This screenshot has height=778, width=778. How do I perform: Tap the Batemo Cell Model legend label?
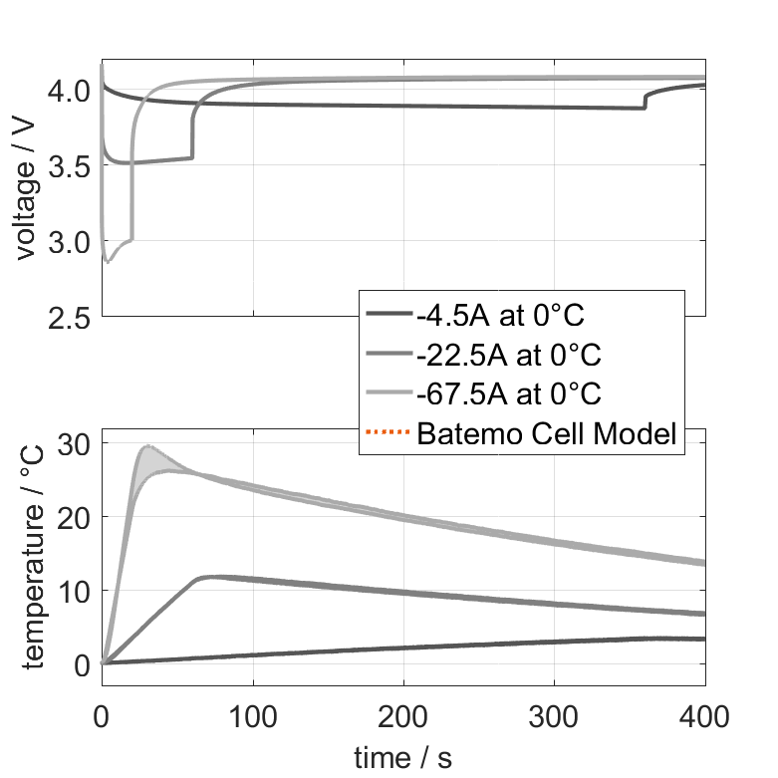(x=547, y=433)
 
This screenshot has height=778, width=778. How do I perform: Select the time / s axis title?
(x=402, y=758)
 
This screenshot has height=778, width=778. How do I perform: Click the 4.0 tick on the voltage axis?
(x=72, y=92)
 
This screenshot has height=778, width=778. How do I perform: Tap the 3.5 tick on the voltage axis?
(x=72, y=166)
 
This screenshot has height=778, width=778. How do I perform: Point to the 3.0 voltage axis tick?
(x=72, y=242)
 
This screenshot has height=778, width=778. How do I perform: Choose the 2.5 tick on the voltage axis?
(x=72, y=317)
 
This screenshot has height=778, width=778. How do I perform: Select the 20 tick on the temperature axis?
(x=77, y=517)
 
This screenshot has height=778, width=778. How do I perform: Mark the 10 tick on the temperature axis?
(x=77, y=591)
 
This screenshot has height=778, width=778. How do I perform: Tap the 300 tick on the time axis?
(x=554, y=715)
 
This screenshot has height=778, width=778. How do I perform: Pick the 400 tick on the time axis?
(x=704, y=715)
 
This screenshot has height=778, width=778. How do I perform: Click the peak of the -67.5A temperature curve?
(x=148, y=445)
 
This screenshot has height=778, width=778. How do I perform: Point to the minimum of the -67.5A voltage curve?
(x=109, y=262)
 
